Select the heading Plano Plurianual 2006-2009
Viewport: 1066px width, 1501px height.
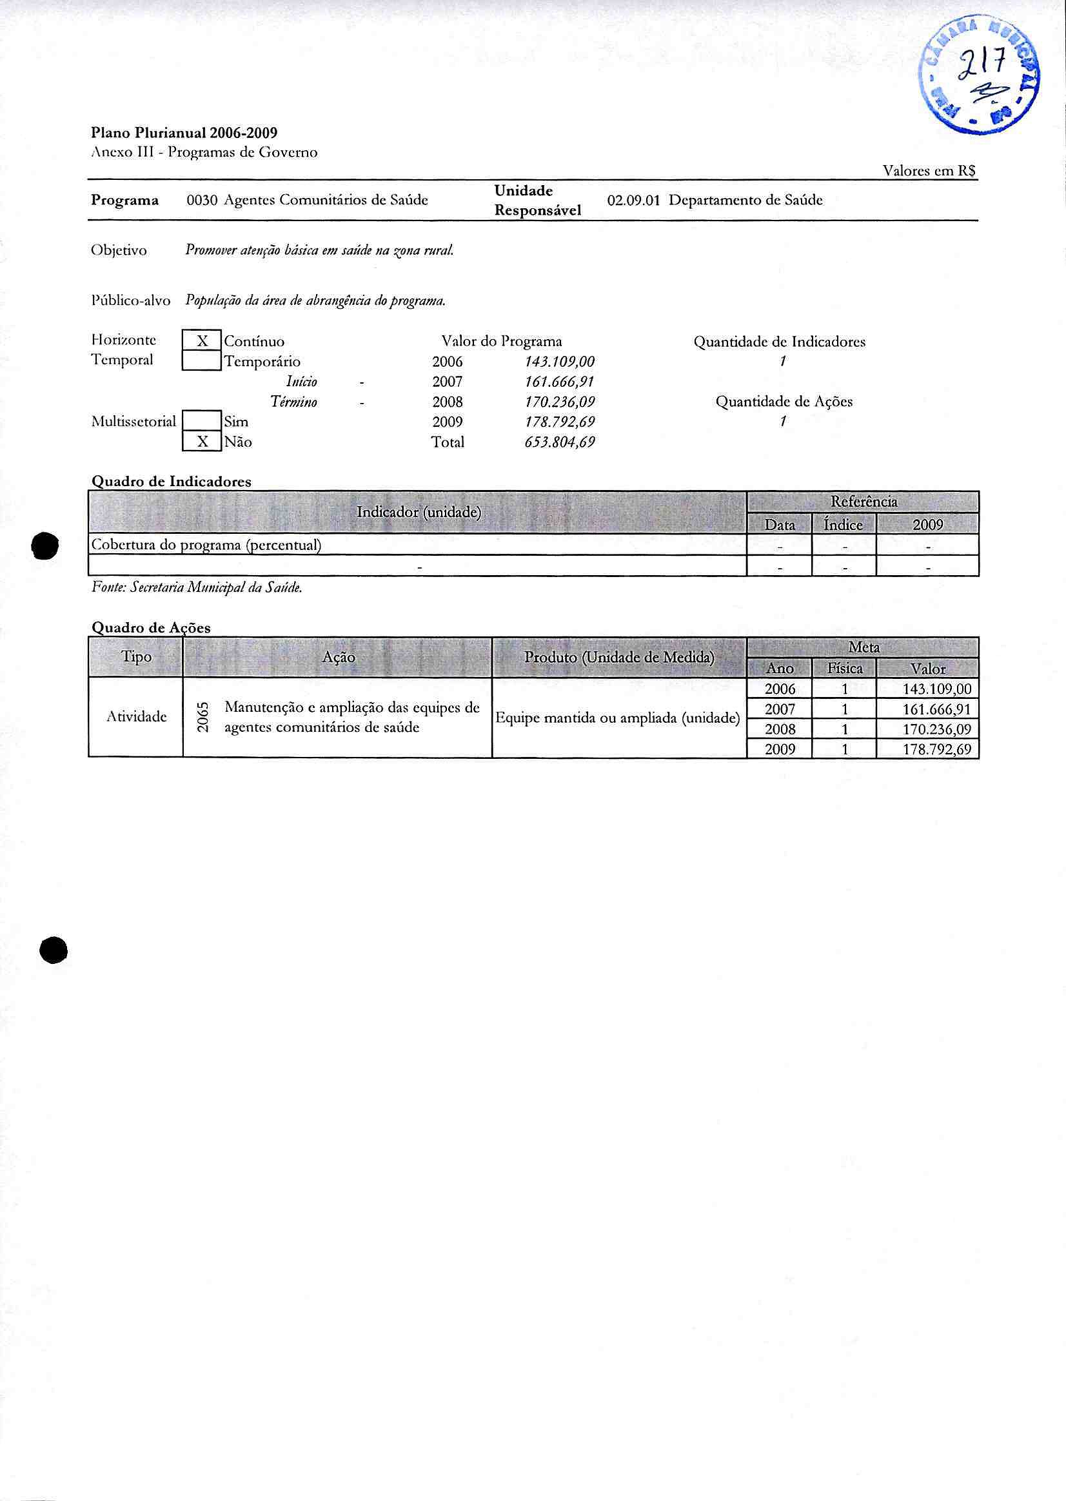(x=184, y=133)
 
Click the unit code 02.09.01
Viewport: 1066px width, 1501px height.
(x=633, y=201)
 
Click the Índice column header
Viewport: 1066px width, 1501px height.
(x=844, y=524)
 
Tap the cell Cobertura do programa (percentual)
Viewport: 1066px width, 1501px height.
(x=206, y=545)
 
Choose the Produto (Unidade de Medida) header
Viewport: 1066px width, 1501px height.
(x=619, y=658)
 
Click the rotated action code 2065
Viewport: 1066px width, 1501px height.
(x=204, y=718)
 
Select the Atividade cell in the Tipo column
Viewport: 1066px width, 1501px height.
(x=136, y=717)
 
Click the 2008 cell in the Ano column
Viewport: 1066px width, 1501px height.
(x=780, y=729)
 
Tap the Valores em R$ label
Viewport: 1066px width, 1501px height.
(x=929, y=171)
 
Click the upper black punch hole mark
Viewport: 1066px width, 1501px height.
(x=48, y=545)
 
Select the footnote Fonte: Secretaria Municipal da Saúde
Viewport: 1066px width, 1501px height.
(x=197, y=588)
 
